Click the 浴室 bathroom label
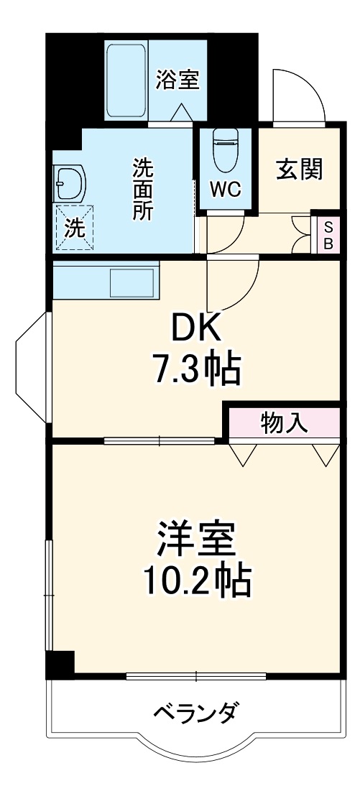point(177,79)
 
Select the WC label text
point(225,189)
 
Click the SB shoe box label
point(328,234)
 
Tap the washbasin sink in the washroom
point(70,182)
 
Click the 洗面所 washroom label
point(142,190)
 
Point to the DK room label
point(194,331)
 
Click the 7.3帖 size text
point(195,369)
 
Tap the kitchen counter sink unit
point(105,281)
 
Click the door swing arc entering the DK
point(234,284)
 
